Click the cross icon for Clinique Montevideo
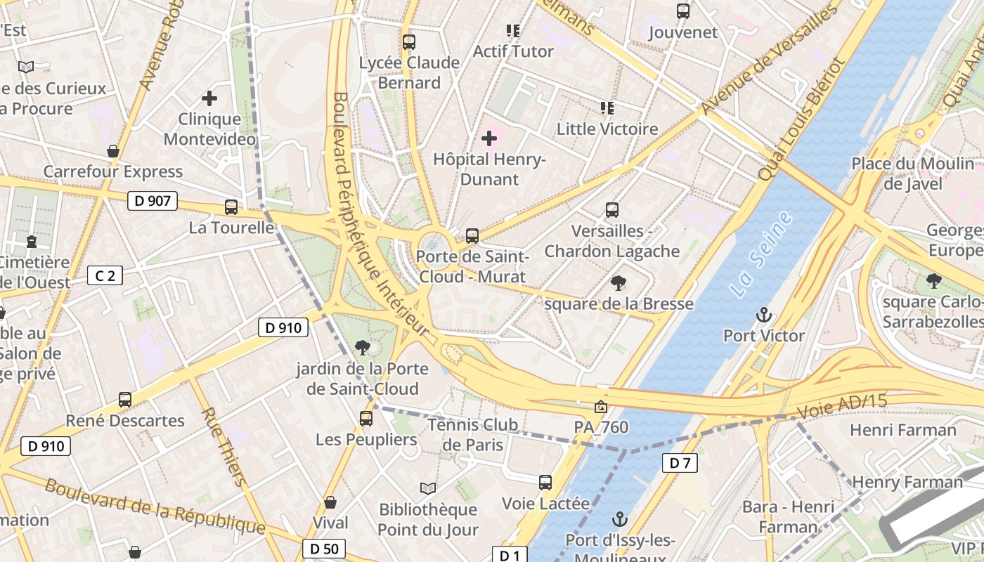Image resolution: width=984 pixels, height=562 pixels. click(x=209, y=99)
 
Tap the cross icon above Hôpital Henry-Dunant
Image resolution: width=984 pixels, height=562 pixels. click(x=489, y=139)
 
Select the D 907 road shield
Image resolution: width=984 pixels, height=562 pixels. click(x=153, y=201)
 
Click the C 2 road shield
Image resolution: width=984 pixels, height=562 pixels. click(x=105, y=275)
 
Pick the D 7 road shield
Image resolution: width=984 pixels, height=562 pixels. click(x=680, y=462)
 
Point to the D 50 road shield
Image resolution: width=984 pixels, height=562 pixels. click(x=324, y=549)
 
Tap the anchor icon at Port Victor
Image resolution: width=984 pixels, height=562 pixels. click(x=764, y=315)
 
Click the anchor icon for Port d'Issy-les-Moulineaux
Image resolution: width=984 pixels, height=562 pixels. click(x=619, y=520)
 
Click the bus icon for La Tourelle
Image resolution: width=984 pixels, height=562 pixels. click(x=231, y=207)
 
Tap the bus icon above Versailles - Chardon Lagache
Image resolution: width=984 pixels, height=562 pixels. click(x=612, y=210)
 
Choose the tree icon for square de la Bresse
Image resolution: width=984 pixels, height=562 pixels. click(x=619, y=283)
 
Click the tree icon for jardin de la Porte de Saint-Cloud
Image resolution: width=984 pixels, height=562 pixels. click(x=363, y=347)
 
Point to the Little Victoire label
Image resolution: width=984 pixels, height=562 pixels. click(x=607, y=129)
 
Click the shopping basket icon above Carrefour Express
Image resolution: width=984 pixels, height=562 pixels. click(x=113, y=151)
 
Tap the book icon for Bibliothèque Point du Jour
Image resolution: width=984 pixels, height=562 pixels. click(x=427, y=488)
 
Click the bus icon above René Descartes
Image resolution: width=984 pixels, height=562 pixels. click(x=125, y=400)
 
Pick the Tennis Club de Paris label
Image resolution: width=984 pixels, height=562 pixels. click(x=473, y=434)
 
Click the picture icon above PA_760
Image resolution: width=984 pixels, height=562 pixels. click(x=601, y=407)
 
